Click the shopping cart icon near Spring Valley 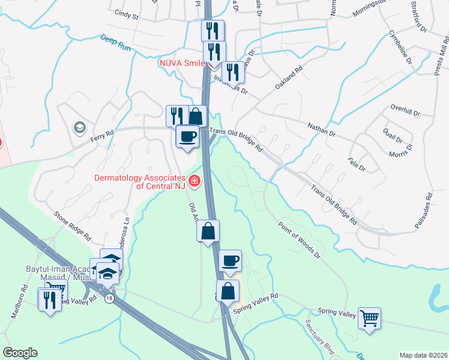(x=369, y=317)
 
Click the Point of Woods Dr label (x=301, y=241)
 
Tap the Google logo (x=20, y=353)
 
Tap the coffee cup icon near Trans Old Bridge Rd (x=187, y=136)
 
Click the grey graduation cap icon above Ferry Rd (x=79, y=127)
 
